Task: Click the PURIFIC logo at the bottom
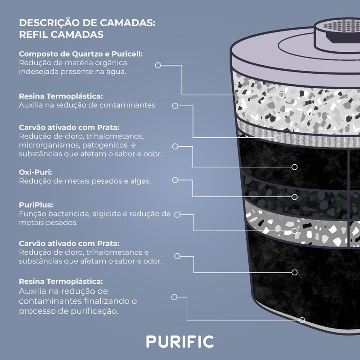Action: [x=180, y=341]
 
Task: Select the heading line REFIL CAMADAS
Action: [x=61, y=35]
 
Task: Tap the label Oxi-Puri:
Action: [x=36, y=171]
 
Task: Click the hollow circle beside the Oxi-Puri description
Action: [x=174, y=180]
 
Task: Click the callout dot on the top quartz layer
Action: [x=281, y=94]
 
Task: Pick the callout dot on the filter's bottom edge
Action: [x=302, y=320]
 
